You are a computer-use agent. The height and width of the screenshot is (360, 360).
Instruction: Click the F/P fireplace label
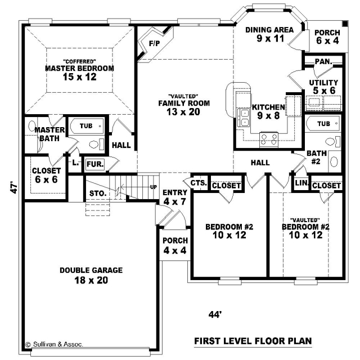tap(155, 43)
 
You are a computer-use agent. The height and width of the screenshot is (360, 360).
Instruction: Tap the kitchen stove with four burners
tap(269, 139)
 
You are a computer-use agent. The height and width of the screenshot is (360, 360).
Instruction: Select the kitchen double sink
tap(244, 118)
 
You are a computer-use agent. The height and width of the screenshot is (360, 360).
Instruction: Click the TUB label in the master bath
tap(86, 126)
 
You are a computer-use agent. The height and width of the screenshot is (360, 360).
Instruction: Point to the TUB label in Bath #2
tap(324, 124)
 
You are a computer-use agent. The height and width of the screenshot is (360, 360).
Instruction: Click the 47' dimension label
tap(14, 188)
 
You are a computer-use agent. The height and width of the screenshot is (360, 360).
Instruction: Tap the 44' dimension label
tap(215, 314)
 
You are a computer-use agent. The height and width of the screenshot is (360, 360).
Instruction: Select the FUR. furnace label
tap(95, 164)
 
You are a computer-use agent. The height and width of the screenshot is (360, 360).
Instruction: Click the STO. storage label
tap(98, 193)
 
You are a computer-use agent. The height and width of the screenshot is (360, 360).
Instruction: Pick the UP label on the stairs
tap(154, 187)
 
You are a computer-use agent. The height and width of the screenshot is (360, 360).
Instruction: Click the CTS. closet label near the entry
tap(199, 183)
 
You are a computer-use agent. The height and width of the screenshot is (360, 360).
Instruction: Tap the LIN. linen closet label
tap(301, 183)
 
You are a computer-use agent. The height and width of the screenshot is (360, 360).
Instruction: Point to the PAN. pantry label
tap(324, 61)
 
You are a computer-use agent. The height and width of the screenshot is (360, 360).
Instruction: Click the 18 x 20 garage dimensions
tap(91, 280)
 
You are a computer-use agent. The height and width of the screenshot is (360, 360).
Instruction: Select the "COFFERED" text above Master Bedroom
tap(79, 61)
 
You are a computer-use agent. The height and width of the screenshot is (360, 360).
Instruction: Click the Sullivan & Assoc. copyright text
tap(54, 344)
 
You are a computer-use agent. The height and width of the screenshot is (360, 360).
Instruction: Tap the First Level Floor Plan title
tap(253, 341)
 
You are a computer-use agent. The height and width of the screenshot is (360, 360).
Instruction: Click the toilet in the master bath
tap(96, 145)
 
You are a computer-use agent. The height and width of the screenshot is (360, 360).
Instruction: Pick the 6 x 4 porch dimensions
tap(327, 40)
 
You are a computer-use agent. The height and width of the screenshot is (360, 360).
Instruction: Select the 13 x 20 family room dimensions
tap(183, 112)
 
